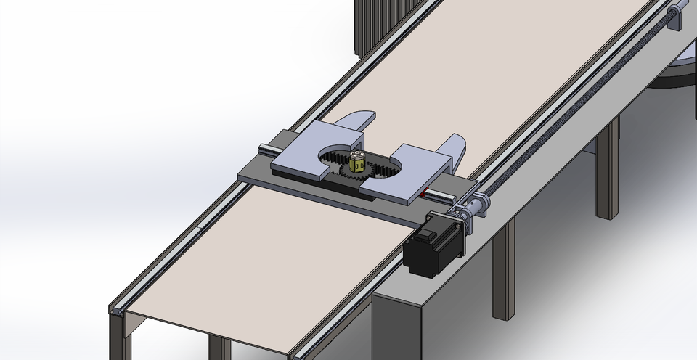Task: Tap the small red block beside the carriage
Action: click(x=423, y=194)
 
